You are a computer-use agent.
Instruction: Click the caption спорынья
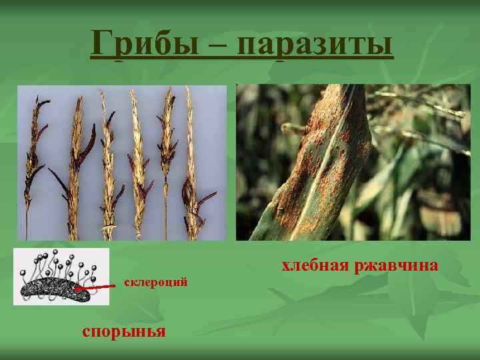(123, 331)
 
